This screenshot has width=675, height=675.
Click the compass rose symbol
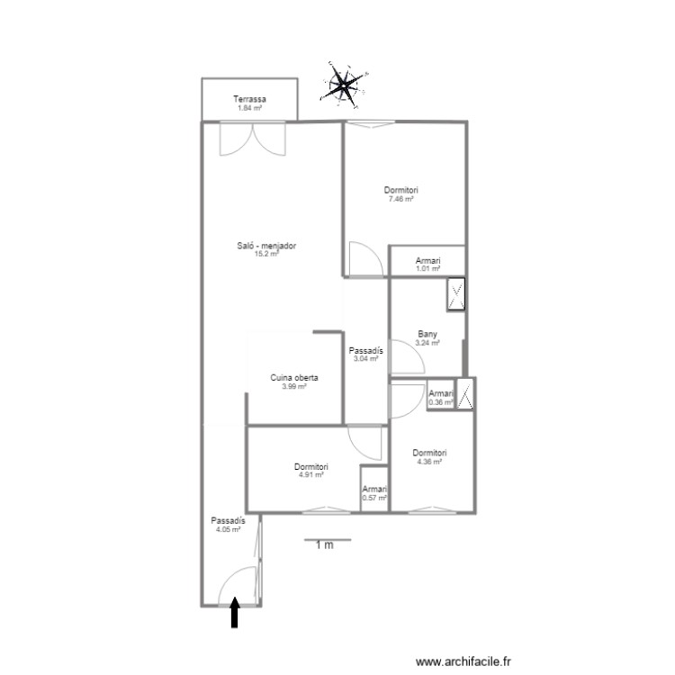pyautogui.click(x=344, y=85)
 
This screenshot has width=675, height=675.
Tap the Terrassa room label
pyautogui.click(x=249, y=99)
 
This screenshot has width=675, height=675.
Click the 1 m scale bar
pyautogui.click(x=328, y=539)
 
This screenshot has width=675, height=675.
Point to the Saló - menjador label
pyautogui.click(x=266, y=246)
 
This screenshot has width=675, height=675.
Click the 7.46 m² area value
pyautogui.click(x=401, y=199)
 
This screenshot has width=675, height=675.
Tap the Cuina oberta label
pyautogui.click(x=294, y=377)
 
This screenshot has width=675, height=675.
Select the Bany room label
pyautogui.click(x=427, y=334)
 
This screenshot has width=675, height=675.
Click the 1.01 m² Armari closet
pyautogui.click(x=427, y=261)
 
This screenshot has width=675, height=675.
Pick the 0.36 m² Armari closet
pyautogui.click(x=441, y=395)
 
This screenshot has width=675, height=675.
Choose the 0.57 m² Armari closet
pyautogui.click(x=374, y=490)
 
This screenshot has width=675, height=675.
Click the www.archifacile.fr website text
pyautogui.click(x=463, y=661)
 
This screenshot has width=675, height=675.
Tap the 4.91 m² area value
pyautogui.click(x=311, y=475)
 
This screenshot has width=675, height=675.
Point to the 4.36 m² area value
pyautogui.click(x=429, y=462)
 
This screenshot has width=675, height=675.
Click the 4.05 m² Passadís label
pyautogui.click(x=229, y=521)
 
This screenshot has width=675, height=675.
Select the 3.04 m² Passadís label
pyautogui.click(x=366, y=351)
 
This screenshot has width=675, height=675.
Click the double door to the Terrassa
pyautogui.click(x=253, y=139)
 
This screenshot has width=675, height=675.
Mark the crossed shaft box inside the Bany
pyautogui.click(x=456, y=294)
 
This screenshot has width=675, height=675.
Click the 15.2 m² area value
pyautogui.click(x=266, y=254)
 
